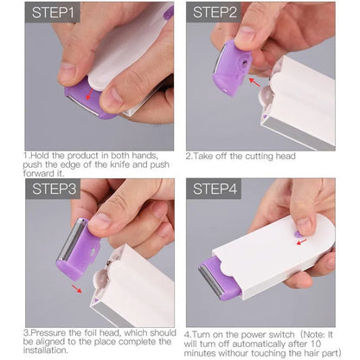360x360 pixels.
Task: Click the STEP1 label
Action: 54,13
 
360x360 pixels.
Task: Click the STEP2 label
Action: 215,13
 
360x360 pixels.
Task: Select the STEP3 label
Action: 55,189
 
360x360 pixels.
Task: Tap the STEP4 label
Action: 215,189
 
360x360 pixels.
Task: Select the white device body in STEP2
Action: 307,100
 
